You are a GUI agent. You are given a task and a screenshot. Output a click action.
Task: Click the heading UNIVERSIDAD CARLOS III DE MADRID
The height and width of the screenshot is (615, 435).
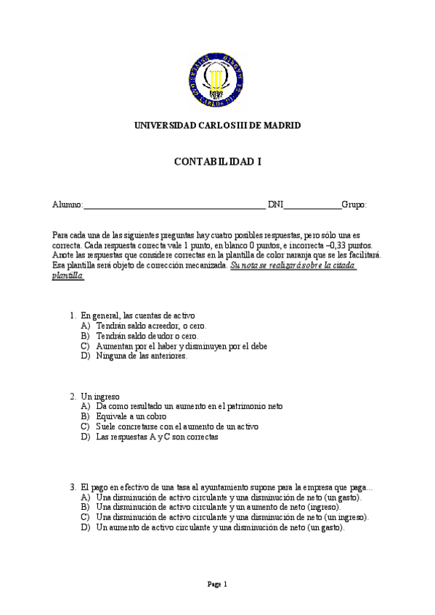217,125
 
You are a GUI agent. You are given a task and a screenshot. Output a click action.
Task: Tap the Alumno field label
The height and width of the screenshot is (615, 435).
68,205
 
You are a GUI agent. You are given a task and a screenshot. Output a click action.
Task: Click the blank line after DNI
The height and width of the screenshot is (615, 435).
312,206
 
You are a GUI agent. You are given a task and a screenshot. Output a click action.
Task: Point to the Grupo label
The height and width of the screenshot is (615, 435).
354,205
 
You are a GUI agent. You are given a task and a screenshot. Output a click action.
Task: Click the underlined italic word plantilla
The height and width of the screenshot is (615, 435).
68,276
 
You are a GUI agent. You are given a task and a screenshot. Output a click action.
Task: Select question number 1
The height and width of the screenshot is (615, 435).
73,315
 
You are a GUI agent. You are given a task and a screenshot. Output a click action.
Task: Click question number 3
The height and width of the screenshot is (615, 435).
73,487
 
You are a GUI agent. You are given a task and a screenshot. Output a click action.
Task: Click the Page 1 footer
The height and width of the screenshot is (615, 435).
217,584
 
